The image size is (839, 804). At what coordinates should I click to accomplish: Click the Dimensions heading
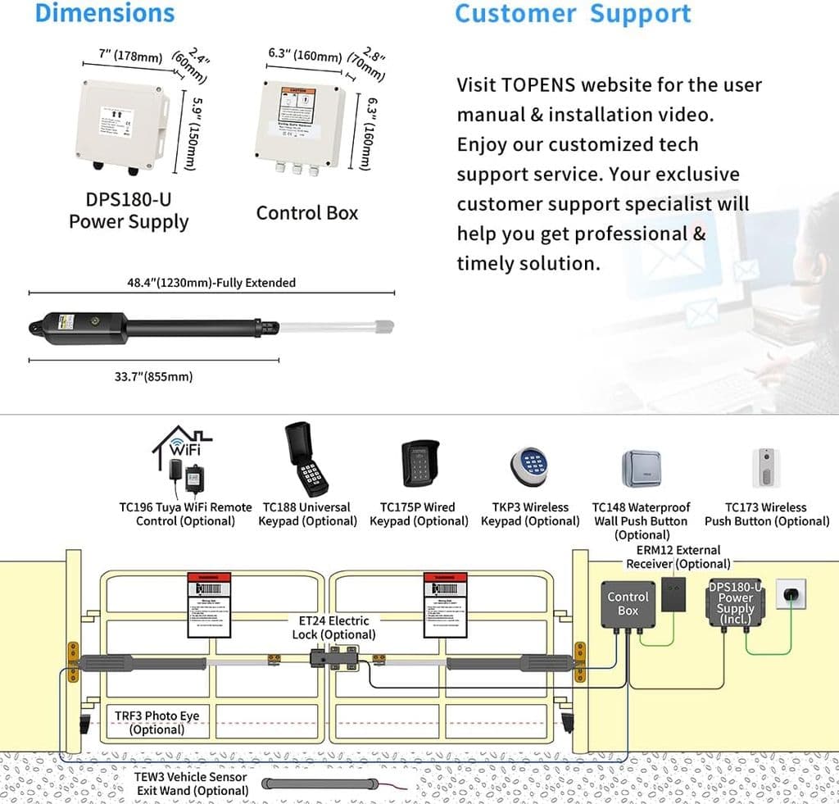[x=105, y=13]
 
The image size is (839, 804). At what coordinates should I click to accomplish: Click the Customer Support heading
[x=573, y=13]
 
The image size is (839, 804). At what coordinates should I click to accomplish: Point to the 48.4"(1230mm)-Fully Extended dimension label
[x=211, y=283]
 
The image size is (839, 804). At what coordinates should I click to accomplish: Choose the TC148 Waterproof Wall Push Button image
[x=642, y=468]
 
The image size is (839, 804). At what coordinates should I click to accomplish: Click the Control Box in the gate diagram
[x=628, y=604]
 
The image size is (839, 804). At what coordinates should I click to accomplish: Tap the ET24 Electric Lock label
[x=333, y=628]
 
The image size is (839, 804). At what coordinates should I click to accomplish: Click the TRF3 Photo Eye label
[x=157, y=722]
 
